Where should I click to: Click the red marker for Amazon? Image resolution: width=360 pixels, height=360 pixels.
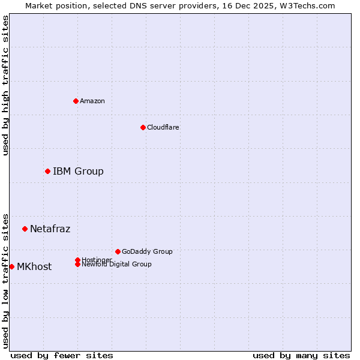point(76,101)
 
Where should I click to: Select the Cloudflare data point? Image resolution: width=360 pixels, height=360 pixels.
point(143,127)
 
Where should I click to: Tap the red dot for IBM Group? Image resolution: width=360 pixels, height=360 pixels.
point(47,172)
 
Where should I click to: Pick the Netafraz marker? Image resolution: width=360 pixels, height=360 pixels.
point(25,229)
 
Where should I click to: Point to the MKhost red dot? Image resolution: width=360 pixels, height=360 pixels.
point(11,266)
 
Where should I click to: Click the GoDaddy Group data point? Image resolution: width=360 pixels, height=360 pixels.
point(118,251)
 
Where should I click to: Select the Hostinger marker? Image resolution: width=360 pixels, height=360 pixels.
point(77,260)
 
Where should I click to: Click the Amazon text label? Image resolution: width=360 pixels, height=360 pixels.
point(92,101)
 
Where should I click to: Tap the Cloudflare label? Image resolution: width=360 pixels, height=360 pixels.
point(163,127)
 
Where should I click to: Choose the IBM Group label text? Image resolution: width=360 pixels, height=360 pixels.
point(78,172)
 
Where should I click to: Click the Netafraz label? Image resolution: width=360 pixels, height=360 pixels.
point(50,229)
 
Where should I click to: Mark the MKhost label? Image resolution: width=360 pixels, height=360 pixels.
point(34,267)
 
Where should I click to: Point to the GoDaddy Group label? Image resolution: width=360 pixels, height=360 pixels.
point(147,251)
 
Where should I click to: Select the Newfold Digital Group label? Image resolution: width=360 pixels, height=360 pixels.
point(116,265)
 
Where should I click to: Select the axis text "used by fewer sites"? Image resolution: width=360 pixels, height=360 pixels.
point(62,355)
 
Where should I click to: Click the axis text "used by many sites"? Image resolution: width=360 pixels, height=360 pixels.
point(301,355)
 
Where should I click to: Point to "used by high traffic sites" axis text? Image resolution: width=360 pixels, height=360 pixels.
point(5,85)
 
